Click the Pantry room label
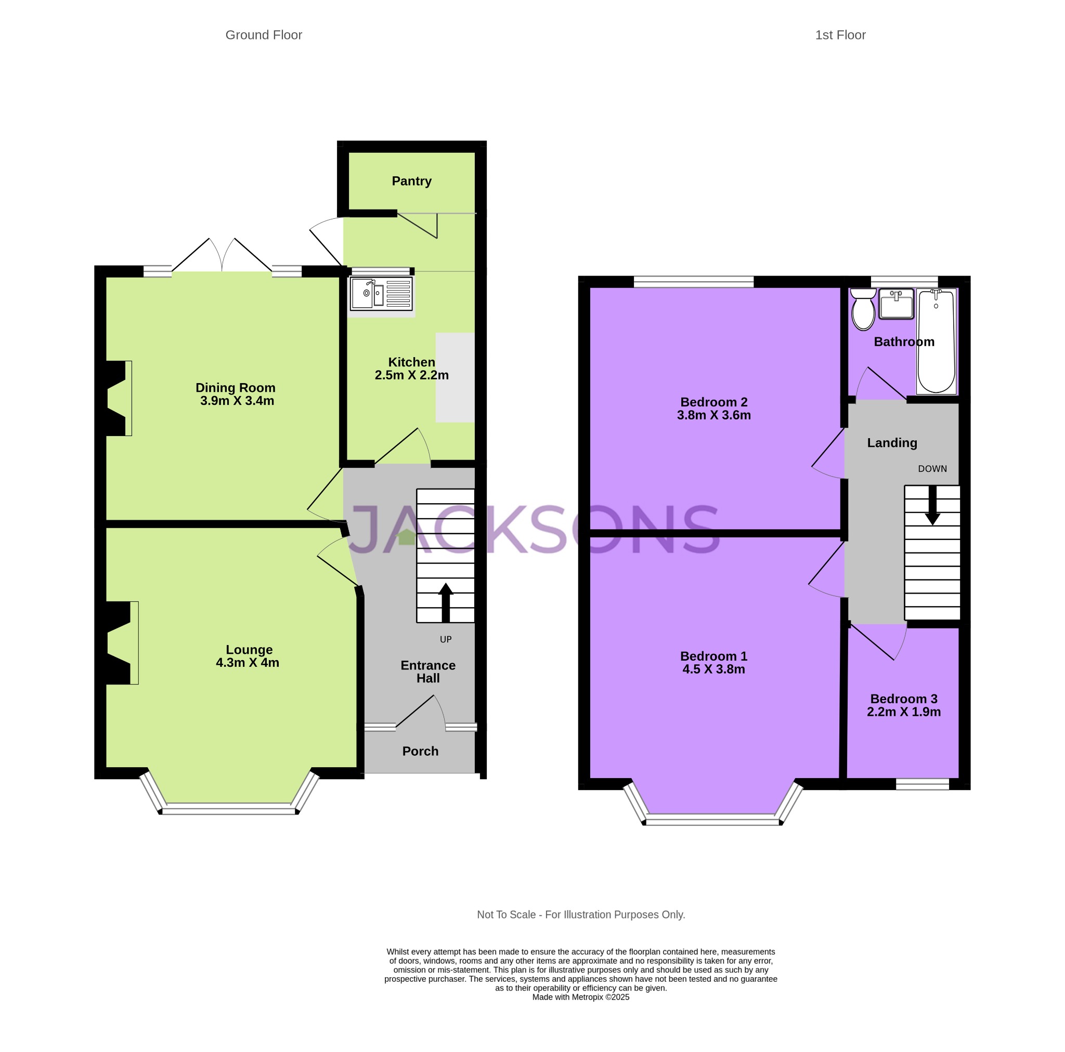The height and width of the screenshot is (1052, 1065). click(x=411, y=181)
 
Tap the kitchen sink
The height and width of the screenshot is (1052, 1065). click(x=381, y=293)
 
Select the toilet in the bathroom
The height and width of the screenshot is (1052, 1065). click(x=863, y=309)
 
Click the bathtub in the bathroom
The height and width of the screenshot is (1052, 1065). click(x=936, y=341)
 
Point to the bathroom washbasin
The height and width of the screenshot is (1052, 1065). click(x=896, y=304)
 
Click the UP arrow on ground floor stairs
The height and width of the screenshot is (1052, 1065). click(x=446, y=603)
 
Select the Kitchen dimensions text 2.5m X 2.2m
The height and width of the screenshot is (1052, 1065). click(x=411, y=375)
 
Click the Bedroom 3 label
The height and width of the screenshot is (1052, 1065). click(x=903, y=699)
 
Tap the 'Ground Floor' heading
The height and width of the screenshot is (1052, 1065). click(x=264, y=35)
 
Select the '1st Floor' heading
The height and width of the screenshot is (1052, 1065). click(x=840, y=35)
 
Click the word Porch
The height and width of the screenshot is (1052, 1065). click(x=420, y=751)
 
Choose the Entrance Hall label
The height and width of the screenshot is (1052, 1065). click(x=428, y=672)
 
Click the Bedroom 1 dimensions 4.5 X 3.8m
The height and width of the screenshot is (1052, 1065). click(x=713, y=669)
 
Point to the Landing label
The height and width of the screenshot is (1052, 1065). click(x=892, y=442)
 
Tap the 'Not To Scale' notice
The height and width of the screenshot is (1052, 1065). click(x=581, y=914)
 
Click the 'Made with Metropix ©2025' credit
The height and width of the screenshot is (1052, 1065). click(x=580, y=997)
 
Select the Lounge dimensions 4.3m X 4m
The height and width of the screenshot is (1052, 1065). click(x=248, y=662)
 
